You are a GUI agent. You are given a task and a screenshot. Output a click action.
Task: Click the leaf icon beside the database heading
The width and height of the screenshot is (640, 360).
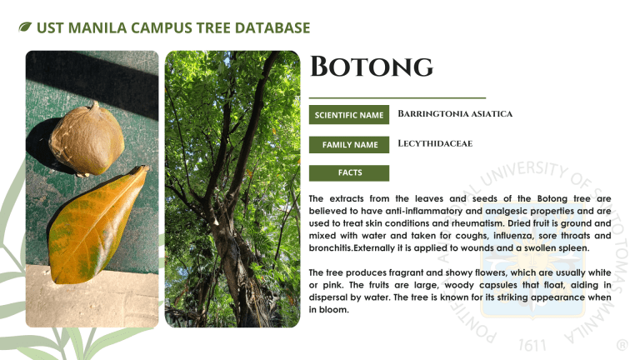pyautogui.click(x=25, y=27)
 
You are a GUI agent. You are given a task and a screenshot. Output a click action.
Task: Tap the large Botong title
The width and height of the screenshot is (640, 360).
pyautogui.click(x=372, y=67)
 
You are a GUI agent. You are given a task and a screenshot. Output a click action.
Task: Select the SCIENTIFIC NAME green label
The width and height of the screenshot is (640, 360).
pyautogui.click(x=349, y=115)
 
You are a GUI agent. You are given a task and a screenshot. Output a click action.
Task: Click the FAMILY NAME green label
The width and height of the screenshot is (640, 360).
pyautogui.click(x=349, y=144)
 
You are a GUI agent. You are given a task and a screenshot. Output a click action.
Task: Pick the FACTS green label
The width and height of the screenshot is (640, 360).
pyautogui.click(x=349, y=172)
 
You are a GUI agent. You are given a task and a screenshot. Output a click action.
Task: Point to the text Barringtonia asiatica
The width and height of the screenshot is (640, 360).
pyautogui.click(x=455, y=114)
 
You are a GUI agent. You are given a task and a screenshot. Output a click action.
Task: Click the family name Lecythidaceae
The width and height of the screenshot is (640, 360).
pyautogui.click(x=435, y=143)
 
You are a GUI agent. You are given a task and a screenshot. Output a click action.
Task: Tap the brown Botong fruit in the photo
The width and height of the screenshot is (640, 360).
pyautogui.click(x=87, y=139)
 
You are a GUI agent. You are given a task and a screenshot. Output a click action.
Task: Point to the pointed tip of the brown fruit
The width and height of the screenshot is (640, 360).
pyautogui.click(x=96, y=103)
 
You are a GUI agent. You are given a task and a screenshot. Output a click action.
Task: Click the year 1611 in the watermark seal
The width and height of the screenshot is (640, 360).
pyautogui.click(x=532, y=346)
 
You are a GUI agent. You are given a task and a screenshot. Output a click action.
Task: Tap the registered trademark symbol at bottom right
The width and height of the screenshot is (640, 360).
pyautogui.click(x=622, y=346)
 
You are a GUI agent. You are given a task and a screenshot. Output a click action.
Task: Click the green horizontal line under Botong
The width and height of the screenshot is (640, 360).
pyautogui.click(x=397, y=98)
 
